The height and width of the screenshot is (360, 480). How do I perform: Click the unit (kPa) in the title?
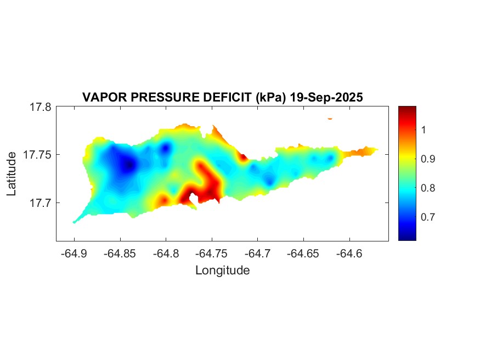[x=267, y=97]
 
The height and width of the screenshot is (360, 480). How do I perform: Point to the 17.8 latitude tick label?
[x=41, y=107]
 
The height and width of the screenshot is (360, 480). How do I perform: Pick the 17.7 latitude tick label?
[x=41, y=203]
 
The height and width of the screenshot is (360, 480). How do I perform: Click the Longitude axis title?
[x=223, y=270]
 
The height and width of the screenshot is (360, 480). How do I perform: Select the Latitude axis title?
[x=12, y=174]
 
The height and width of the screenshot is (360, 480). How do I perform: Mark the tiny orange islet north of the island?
[x=330, y=118]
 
